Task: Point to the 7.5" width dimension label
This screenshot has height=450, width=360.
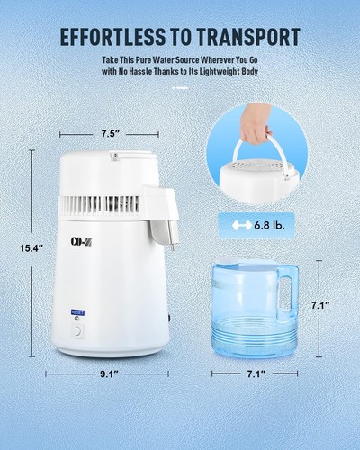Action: coord(111,134)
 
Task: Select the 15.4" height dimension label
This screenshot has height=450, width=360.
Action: coord(31,248)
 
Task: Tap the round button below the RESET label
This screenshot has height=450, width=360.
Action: coord(77,329)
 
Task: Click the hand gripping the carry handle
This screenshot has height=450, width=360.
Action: coord(256,121)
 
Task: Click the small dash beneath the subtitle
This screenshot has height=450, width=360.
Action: coord(180,87)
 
